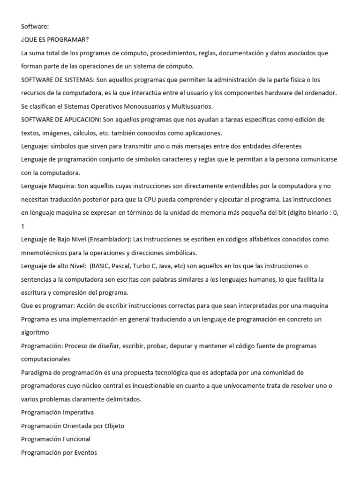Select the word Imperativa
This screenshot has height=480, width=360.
click(78, 412)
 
